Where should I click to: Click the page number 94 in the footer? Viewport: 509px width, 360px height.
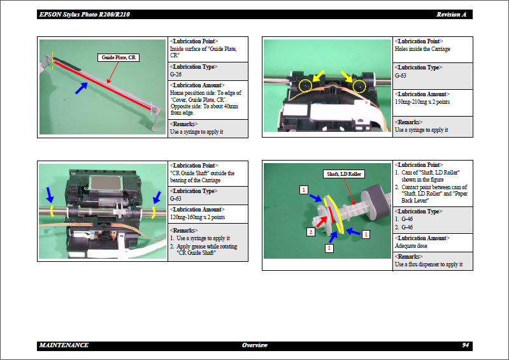click(466, 345)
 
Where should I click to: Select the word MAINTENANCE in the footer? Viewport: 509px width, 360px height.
click(64, 345)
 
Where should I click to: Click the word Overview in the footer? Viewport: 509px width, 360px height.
click(255, 345)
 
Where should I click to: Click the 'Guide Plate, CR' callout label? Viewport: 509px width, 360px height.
click(119, 58)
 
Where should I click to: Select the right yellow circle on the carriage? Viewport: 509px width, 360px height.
click(359, 85)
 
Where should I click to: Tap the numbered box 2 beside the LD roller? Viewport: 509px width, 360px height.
click(310, 232)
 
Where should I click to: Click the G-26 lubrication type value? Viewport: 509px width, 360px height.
click(176, 75)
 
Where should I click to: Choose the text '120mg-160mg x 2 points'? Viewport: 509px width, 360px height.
click(197, 217)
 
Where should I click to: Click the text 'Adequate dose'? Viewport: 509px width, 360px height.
click(411, 245)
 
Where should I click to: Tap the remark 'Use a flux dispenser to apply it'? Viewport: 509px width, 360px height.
click(429, 264)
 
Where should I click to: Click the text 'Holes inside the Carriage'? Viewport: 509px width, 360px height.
click(422, 49)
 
